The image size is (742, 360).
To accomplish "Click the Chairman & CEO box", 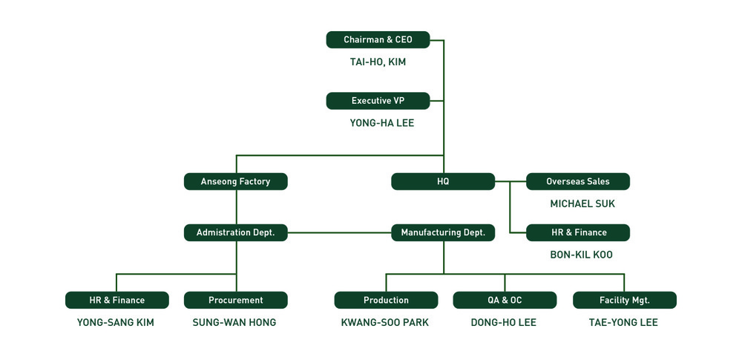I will coord(378,40).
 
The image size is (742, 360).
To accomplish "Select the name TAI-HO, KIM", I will coord(378,62).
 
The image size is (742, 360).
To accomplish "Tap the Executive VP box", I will coord(378,101).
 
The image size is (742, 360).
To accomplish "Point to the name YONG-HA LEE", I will coord(381,123).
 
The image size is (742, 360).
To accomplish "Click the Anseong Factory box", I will coord(235,181).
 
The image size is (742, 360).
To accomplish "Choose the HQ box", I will coord(443,181).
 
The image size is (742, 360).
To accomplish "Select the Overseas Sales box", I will coord(578,181).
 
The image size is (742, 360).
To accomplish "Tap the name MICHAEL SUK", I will coord(582,203).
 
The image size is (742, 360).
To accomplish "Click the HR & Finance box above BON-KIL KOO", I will coord(578,232).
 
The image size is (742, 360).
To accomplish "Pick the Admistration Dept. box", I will coord(235,232).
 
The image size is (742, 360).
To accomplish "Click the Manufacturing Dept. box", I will coord(443,232).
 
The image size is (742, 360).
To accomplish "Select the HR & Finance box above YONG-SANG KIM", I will coord(117,300).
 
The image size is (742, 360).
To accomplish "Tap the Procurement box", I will coord(235,300).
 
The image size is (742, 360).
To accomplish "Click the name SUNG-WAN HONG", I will coord(234,322).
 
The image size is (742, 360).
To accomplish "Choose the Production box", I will coord(386,300).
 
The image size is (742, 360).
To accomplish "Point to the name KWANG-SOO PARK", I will coord(384,322).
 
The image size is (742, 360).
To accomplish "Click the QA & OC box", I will coord(505,300).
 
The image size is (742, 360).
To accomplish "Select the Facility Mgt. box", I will coord(624,300).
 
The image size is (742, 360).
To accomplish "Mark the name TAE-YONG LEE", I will coord(623,322).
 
